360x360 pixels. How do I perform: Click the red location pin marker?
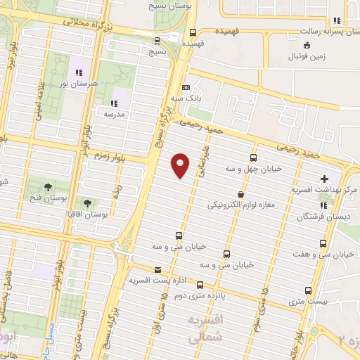pos(181,165)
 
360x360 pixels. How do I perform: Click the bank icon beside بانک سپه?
pos(186,87)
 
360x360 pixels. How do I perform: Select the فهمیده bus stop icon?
pos(193,32)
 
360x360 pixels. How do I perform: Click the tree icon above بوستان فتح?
pos(48,186)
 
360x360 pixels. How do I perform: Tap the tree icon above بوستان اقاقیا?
pos(86,201)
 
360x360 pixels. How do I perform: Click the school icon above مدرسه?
pos(115,103)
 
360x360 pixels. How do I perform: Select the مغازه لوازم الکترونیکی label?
pos(240,206)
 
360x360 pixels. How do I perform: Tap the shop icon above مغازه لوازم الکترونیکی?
pos(240,194)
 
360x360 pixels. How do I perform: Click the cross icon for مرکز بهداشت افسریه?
pos(323,179)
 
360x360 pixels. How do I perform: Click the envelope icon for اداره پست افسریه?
pos(157,269)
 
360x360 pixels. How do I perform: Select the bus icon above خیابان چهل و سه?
pos(254,157)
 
